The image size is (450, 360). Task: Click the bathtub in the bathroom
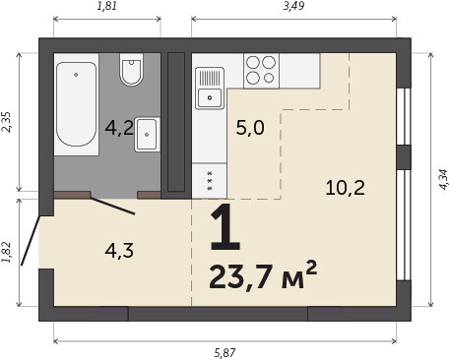[76, 104]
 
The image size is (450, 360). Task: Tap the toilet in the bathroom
[131, 70]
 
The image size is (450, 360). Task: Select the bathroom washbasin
[147, 135]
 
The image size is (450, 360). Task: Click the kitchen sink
[210, 89]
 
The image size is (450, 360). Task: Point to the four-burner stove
[261, 71]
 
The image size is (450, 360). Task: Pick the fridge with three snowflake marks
[210, 181]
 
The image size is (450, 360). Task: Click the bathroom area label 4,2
[119, 128]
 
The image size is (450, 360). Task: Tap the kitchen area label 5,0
[250, 128]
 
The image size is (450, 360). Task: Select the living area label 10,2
[346, 188]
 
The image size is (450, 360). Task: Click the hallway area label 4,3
[119, 251]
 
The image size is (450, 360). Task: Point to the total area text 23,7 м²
[263, 274]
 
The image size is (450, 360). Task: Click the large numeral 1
[225, 227]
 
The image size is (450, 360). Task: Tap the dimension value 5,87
[225, 353]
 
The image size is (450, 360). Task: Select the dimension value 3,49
[293, 6]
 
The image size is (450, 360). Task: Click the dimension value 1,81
[107, 6]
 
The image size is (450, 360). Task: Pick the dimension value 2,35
[7, 122]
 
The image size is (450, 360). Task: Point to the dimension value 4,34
[443, 179]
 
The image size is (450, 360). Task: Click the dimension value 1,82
[7, 252]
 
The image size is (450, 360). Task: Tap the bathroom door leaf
[112, 206]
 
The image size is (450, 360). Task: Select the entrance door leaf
[31, 240]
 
